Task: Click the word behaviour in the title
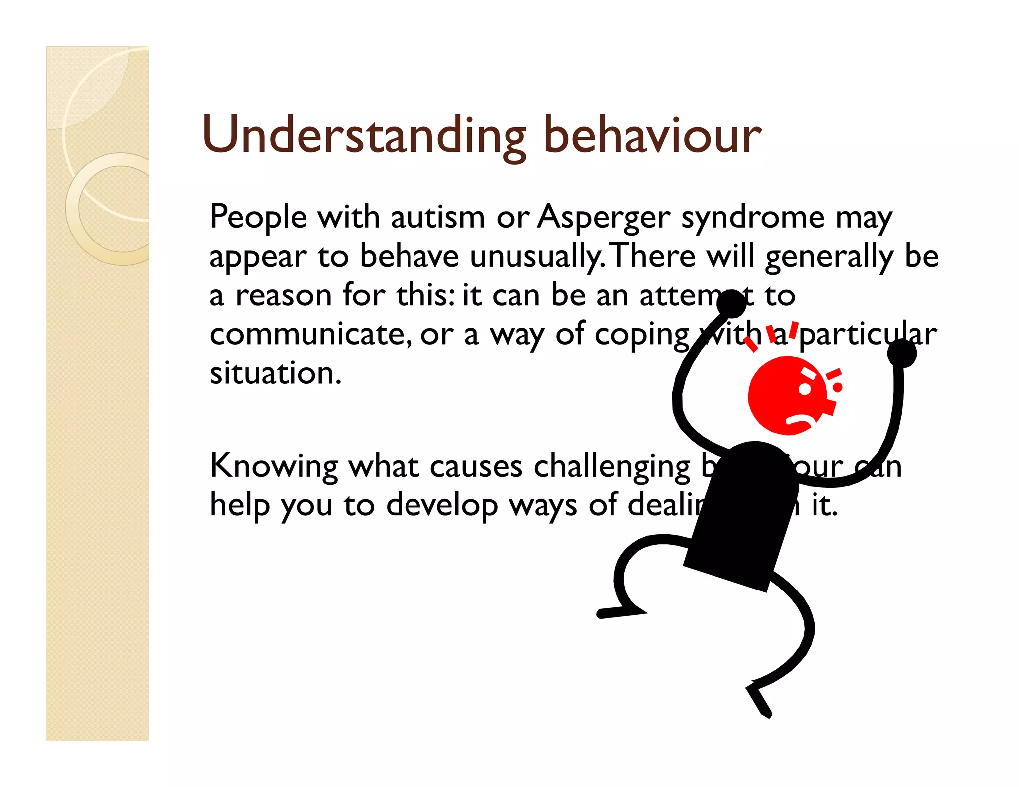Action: pos(652,135)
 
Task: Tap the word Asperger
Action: pos(604,218)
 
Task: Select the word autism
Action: pos(437,218)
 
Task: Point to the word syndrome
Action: pos(753,218)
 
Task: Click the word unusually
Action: pos(536,257)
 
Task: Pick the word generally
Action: pos(829,257)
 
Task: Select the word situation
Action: pos(276,373)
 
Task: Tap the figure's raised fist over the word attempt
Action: pos(731,304)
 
